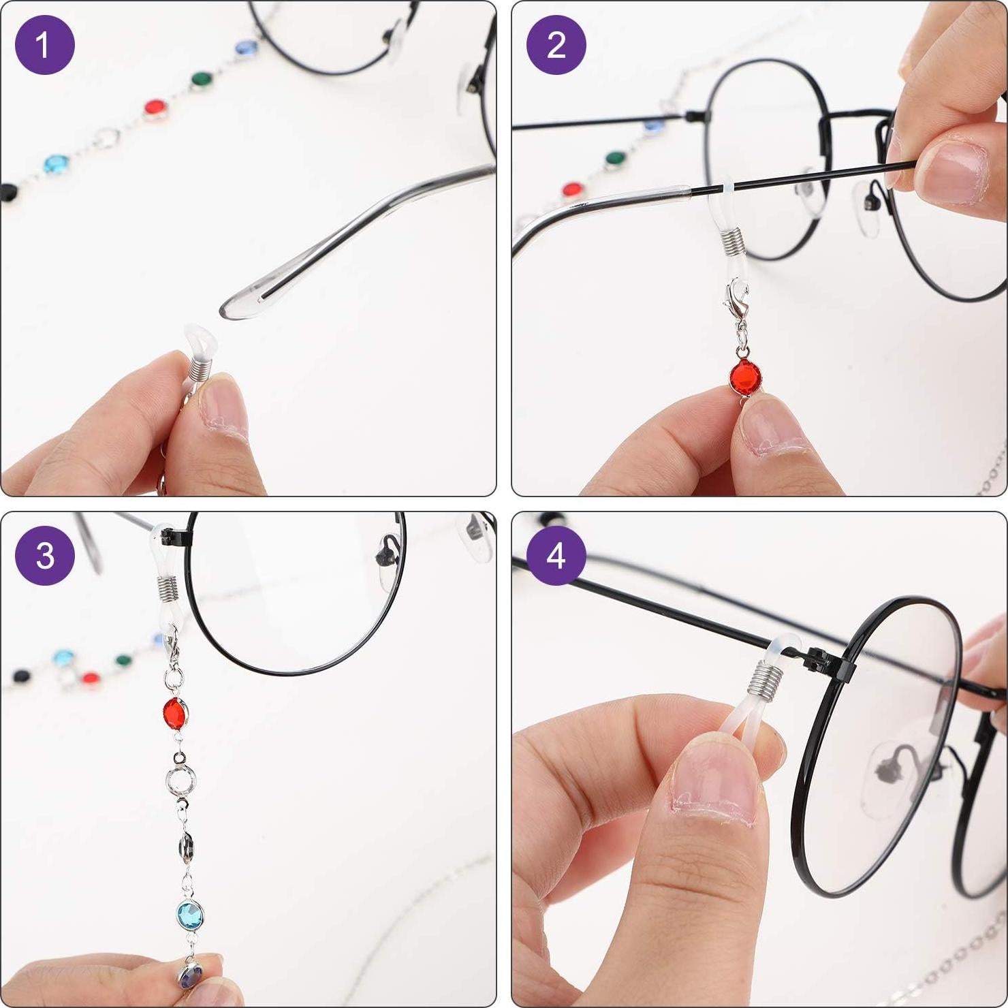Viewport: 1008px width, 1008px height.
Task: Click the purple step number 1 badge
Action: coord(45,45)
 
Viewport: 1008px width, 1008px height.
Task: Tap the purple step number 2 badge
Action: coord(556,45)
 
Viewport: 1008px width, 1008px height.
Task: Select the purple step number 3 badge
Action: coord(45,556)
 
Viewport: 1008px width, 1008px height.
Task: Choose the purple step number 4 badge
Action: coord(556,556)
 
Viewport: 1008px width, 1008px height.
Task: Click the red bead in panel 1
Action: coord(155,108)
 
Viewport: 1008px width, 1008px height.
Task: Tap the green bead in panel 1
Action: coord(201,79)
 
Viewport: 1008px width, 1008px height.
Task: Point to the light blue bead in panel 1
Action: coord(56,164)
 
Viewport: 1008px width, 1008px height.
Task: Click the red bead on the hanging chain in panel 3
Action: coord(176,713)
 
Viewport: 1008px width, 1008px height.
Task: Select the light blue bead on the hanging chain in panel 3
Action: coord(190,912)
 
